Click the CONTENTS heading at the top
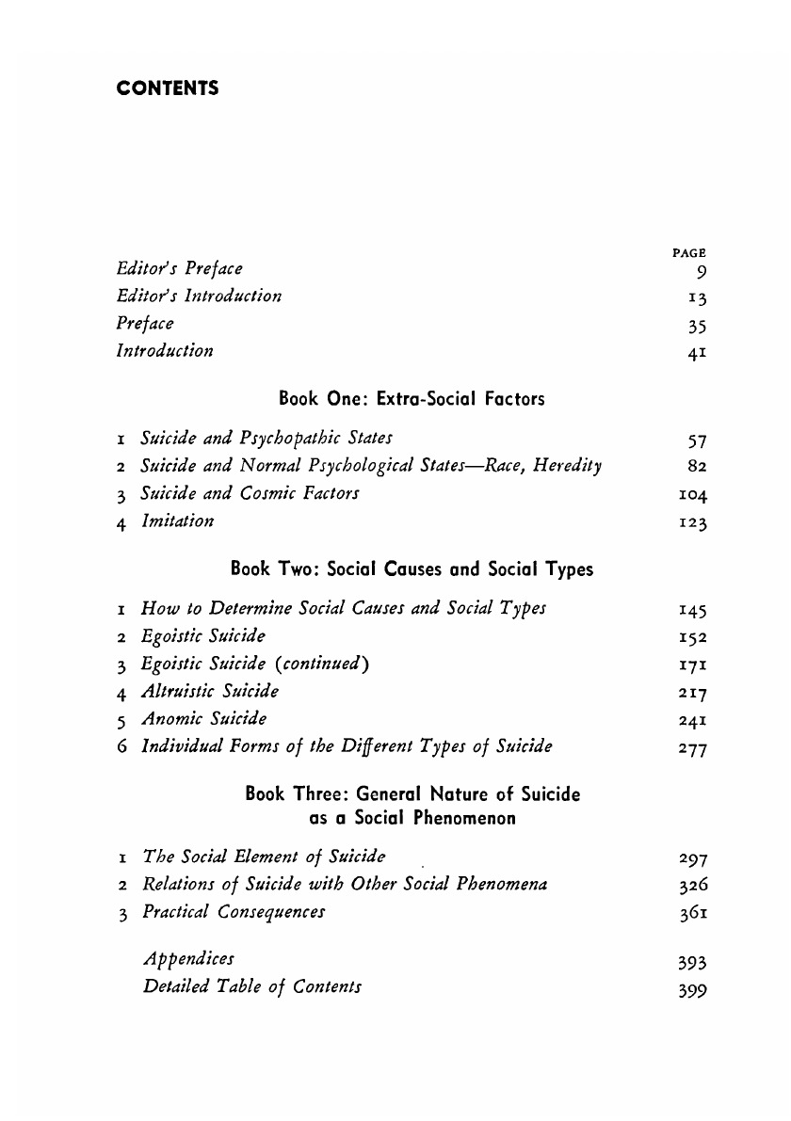168,89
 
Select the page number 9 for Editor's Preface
702,274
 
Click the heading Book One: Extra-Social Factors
412,399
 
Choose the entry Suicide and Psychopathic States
266,439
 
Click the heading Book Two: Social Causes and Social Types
412,570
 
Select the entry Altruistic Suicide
210,692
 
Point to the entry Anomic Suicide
203,719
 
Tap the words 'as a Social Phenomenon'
412,818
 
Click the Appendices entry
188,960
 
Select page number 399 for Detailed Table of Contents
692,991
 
